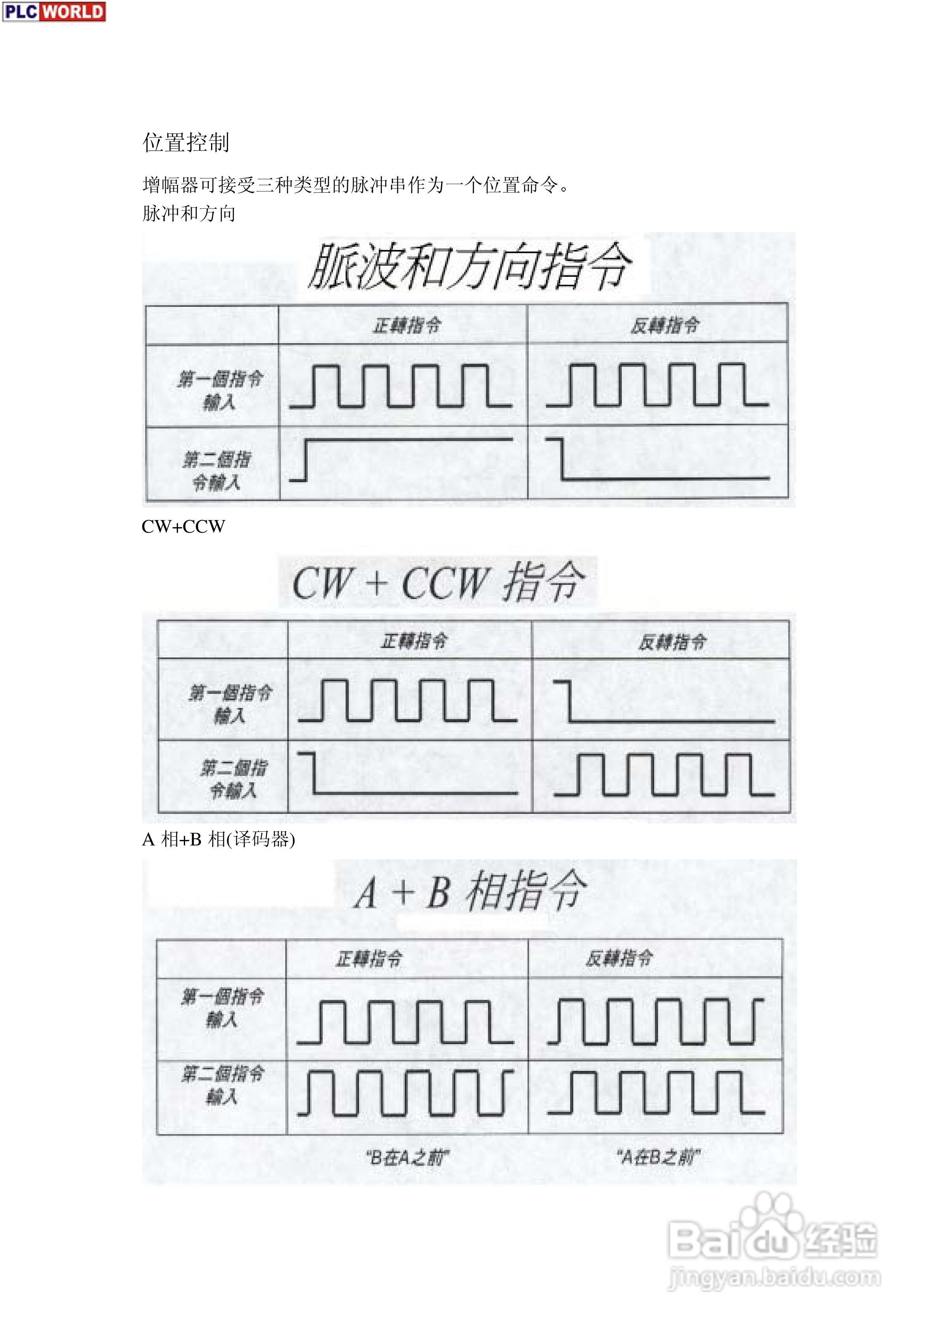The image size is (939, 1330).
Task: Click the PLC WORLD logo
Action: (x=54, y=11)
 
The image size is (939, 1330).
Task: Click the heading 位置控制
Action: (x=186, y=143)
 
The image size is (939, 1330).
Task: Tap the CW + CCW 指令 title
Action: (x=438, y=582)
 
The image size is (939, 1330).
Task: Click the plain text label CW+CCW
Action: (x=183, y=526)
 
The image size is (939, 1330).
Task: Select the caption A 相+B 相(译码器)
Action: (x=218, y=840)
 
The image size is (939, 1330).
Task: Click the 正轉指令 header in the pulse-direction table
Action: (x=406, y=325)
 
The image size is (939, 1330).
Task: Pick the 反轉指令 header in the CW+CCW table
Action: (x=672, y=642)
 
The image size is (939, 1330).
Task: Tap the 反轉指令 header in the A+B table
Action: (x=618, y=959)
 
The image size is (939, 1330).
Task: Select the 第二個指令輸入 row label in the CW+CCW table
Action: (x=233, y=779)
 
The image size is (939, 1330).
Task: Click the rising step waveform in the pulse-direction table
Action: (x=400, y=459)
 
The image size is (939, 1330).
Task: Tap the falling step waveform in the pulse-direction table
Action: (x=658, y=459)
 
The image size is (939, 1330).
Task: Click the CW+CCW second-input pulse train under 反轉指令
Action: (x=664, y=774)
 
